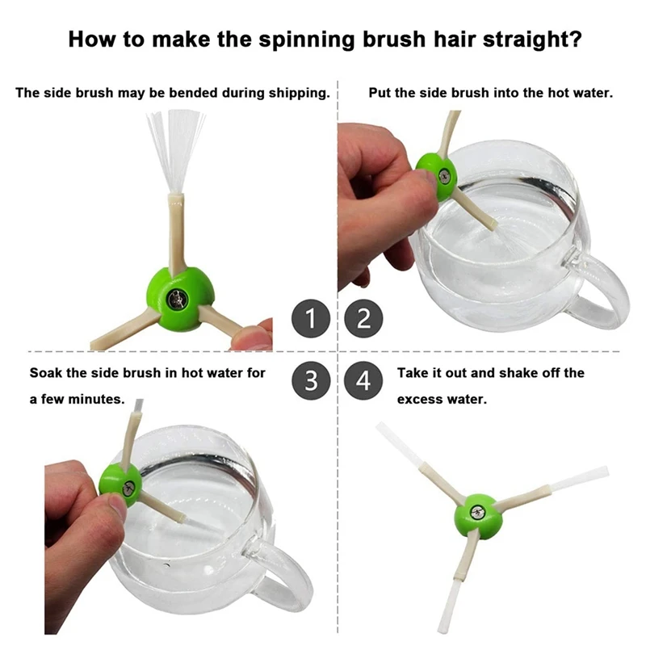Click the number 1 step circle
pos(311,317)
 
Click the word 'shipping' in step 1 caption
pos(297,93)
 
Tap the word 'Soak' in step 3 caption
pos(45,374)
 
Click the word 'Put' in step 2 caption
pos(380,93)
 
